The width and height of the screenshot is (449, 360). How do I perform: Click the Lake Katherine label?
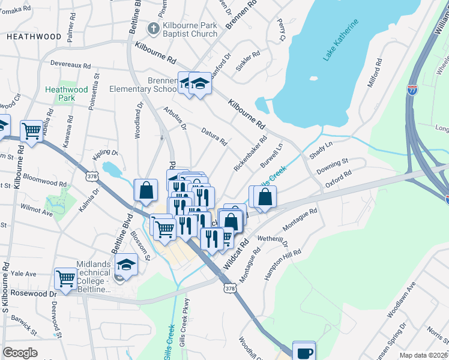341,40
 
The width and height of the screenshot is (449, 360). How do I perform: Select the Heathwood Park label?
66,94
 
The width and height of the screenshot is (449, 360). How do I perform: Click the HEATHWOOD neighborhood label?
34,37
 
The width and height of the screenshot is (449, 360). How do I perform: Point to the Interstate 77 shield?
412,90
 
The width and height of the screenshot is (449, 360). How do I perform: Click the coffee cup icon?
304,352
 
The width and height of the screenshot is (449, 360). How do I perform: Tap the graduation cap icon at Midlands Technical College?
126,263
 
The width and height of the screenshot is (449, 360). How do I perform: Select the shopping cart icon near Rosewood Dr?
65,278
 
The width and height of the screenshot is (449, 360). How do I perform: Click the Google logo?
20,353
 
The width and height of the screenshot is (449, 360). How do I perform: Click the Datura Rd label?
214,137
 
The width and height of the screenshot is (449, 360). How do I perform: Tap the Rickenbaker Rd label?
250,153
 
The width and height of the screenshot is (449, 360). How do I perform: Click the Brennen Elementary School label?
143,85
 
